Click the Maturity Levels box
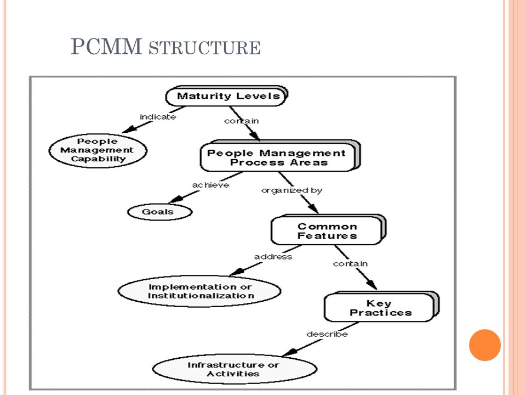[x=227, y=96]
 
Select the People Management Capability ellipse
[x=98, y=150]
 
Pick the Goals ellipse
[x=159, y=212]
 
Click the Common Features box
[x=328, y=230]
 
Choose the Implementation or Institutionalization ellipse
[x=199, y=291]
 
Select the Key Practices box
[x=381, y=307]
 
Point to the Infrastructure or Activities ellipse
[x=235, y=369]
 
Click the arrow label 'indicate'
[x=158, y=117]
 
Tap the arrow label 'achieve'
[x=210, y=185]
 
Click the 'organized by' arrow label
[x=291, y=190]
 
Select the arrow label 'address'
[x=273, y=257]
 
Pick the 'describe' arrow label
[x=327, y=334]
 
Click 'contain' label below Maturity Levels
[x=242, y=121]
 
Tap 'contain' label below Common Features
[x=350, y=264]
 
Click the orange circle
[x=485, y=345]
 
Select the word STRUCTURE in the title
[x=204, y=48]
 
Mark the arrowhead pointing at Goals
[x=176, y=200]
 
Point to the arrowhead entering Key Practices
[x=371, y=285]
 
